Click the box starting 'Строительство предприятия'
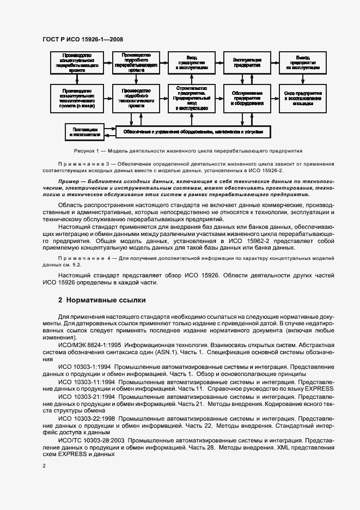[190, 98]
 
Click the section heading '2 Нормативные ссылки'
[102, 300]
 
